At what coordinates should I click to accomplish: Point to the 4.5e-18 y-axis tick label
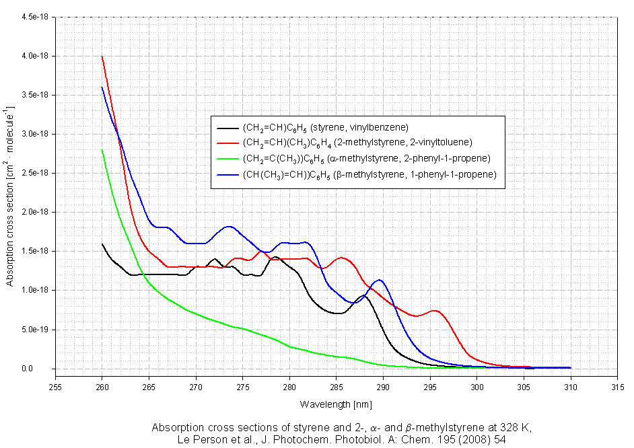pyautogui.click(x=36, y=16)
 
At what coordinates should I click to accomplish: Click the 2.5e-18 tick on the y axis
pyautogui.click(x=36, y=173)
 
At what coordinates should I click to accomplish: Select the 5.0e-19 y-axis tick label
pyautogui.click(x=36, y=330)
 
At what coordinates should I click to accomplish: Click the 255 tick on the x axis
pyautogui.click(x=55, y=387)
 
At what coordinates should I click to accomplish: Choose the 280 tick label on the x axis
pyautogui.click(x=289, y=387)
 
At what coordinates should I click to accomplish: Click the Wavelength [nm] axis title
pyautogui.click(x=336, y=404)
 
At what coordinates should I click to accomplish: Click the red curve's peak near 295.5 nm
pyautogui.click(x=435, y=311)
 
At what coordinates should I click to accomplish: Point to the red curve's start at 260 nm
pyautogui.click(x=102, y=57)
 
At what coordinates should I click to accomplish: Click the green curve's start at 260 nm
pyautogui.click(x=102, y=150)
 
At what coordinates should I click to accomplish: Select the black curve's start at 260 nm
pyautogui.click(x=102, y=244)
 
